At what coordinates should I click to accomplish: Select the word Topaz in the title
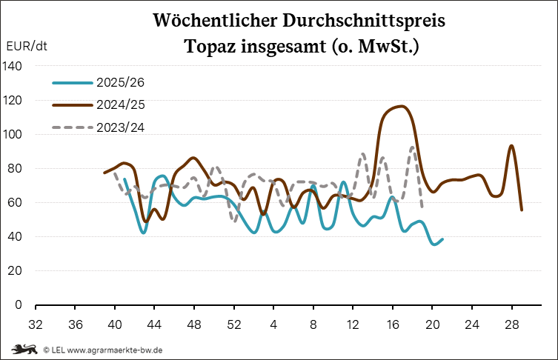(x=210, y=47)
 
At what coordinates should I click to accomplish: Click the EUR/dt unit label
(x=27, y=46)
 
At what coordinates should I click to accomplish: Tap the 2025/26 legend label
(x=121, y=82)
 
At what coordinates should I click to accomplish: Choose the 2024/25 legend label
(x=121, y=105)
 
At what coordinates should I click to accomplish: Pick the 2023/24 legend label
(x=121, y=127)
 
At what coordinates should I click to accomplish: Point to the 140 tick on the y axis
(x=12, y=66)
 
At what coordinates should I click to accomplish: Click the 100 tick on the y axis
(x=12, y=135)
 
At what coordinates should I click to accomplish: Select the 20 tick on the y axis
(x=15, y=270)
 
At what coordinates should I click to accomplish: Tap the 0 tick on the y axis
(x=18, y=305)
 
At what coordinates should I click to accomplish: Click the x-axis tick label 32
(x=36, y=324)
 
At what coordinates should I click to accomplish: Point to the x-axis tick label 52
(x=234, y=324)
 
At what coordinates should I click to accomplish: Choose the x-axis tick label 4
(x=273, y=324)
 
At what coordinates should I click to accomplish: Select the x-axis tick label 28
(x=512, y=324)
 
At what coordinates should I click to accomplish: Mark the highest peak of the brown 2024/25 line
(x=402, y=106)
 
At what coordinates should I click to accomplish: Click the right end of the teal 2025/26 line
(x=442, y=239)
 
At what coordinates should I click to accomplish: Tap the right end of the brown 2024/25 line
(x=522, y=210)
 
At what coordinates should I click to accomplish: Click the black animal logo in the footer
(x=24, y=350)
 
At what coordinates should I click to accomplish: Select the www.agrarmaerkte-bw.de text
(x=115, y=350)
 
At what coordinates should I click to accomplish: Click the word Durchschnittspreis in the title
(x=364, y=20)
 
